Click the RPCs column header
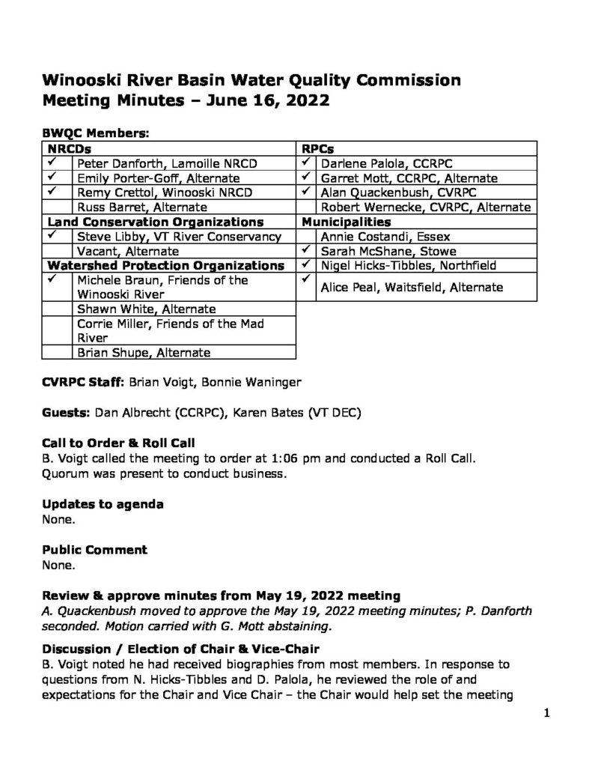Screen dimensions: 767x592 point(317,149)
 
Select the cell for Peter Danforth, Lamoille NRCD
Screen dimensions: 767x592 point(161,163)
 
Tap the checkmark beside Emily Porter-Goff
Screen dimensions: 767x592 point(54,178)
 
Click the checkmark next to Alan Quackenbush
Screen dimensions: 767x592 point(307,192)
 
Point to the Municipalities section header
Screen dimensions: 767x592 point(347,222)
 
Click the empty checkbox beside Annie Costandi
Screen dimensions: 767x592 point(308,236)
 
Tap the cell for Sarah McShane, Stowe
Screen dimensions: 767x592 point(388,251)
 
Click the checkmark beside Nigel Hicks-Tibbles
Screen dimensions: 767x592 point(307,264)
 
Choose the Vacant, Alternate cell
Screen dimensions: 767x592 point(128,251)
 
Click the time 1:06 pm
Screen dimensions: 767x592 point(302,458)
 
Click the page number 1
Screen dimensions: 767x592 point(547,713)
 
